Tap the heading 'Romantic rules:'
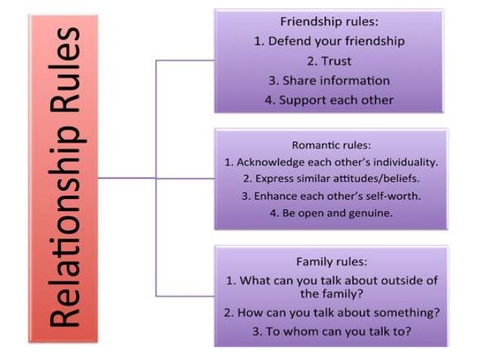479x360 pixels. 331,145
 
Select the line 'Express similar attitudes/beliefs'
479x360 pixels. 331,179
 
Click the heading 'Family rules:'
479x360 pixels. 331,262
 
